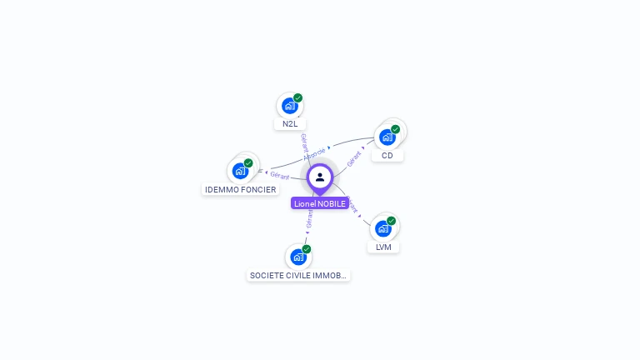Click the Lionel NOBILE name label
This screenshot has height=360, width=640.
320,203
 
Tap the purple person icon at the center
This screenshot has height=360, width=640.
320,177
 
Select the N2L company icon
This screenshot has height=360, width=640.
289,106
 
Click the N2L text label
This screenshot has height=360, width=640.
290,124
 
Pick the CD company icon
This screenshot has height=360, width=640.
387,137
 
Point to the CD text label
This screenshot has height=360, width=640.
387,156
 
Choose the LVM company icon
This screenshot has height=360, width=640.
382,228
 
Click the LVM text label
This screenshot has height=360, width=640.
383,247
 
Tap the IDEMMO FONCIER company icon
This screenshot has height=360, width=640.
240,171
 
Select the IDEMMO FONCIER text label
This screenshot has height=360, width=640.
241,190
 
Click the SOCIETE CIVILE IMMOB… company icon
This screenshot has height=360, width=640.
298,257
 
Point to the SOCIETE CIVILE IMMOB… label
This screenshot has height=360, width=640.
298,275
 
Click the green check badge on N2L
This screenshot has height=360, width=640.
297,98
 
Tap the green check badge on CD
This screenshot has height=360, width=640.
395,129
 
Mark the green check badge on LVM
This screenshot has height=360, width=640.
391,221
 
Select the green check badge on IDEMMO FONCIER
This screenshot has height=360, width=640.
248,163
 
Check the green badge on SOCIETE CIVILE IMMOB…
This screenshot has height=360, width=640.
307,249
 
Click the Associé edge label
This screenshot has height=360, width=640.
315,153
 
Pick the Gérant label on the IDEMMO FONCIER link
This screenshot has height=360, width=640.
279,176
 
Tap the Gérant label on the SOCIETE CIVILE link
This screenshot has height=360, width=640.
310,218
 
